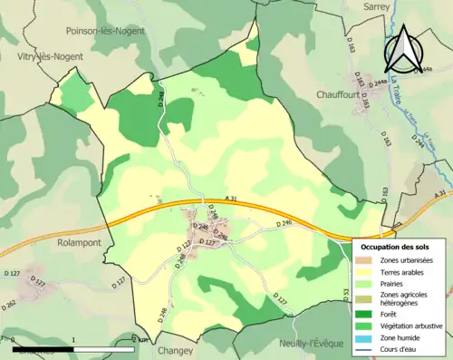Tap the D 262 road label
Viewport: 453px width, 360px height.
[8, 304]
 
